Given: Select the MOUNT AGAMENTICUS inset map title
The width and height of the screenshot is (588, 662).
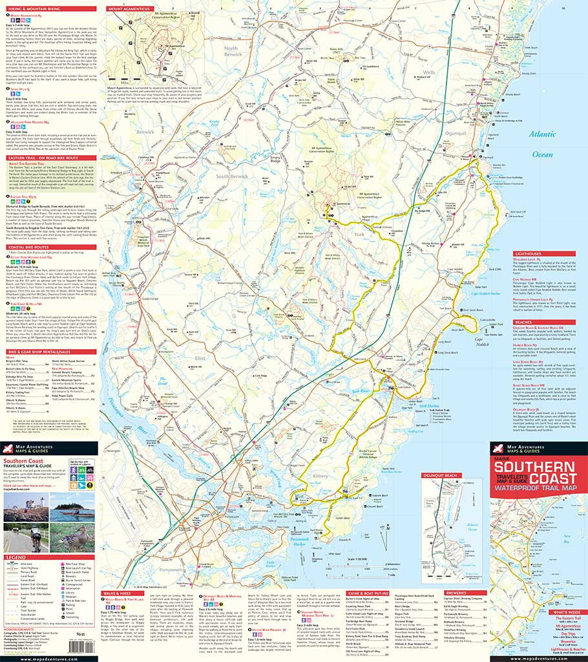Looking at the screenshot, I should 127,9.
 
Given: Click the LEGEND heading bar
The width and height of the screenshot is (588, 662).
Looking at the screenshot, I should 16,557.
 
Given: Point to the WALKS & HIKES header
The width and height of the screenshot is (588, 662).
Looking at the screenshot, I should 120,592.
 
